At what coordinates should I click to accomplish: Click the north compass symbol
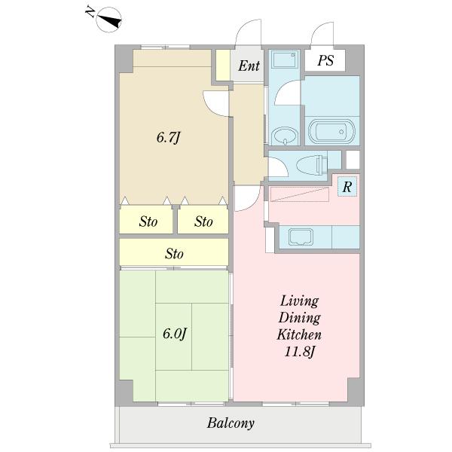109,20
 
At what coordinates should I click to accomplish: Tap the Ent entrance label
249,66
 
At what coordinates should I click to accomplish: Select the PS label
325,60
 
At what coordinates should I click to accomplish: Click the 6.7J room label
169,137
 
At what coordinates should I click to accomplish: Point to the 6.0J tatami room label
175,334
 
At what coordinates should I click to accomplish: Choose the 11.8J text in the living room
299,352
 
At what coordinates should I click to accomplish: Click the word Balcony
231,423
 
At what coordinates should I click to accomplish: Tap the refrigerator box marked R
347,187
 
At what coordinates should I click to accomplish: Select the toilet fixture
313,164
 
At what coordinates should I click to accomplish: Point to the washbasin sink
285,136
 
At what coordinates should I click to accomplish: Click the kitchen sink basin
301,237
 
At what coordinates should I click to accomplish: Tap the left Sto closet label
148,221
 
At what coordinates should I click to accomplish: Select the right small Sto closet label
203,221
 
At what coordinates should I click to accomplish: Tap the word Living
300,301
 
